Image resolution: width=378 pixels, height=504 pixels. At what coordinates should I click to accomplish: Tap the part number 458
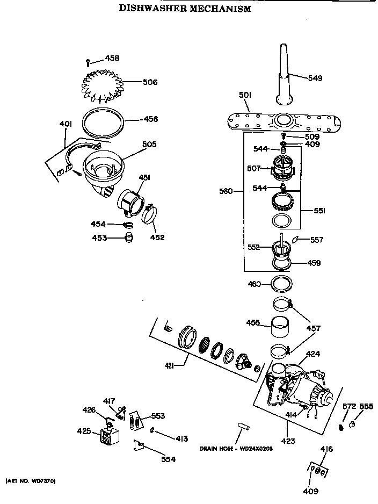click(x=112, y=58)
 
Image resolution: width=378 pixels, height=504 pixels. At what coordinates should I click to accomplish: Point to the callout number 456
click(x=150, y=119)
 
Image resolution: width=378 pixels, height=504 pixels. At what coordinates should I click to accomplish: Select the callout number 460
click(x=254, y=284)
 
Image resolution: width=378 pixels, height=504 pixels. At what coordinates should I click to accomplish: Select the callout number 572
click(x=350, y=406)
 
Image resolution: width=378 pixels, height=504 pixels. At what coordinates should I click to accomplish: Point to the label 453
click(x=99, y=237)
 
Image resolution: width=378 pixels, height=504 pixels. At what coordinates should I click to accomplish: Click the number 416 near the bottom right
click(x=326, y=449)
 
